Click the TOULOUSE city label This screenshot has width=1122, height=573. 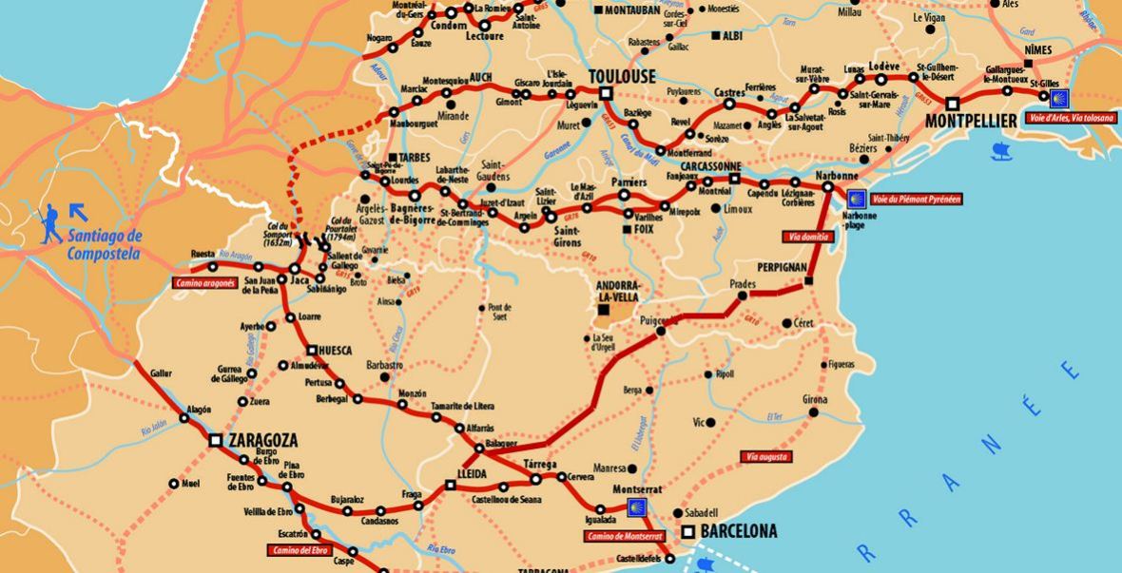click(x=622, y=76)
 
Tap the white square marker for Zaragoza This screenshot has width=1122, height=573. click(x=216, y=440)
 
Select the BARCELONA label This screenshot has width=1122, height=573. click(x=740, y=531)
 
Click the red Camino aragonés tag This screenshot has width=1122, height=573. click(x=204, y=282)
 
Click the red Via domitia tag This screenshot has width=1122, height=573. click(x=808, y=236)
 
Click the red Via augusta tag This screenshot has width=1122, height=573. click(x=767, y=456)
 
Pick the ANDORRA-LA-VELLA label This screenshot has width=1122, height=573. click(x=620, y=290)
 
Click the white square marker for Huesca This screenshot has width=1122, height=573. click(x=310, y=350)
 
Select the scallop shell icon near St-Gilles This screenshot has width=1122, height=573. click(x=1058, y=98)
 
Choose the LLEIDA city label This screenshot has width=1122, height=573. click(x=471, y=473)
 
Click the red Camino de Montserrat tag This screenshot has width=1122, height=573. click(x=623, y=536)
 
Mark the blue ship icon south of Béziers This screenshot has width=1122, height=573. click(x=1001, y=150)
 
